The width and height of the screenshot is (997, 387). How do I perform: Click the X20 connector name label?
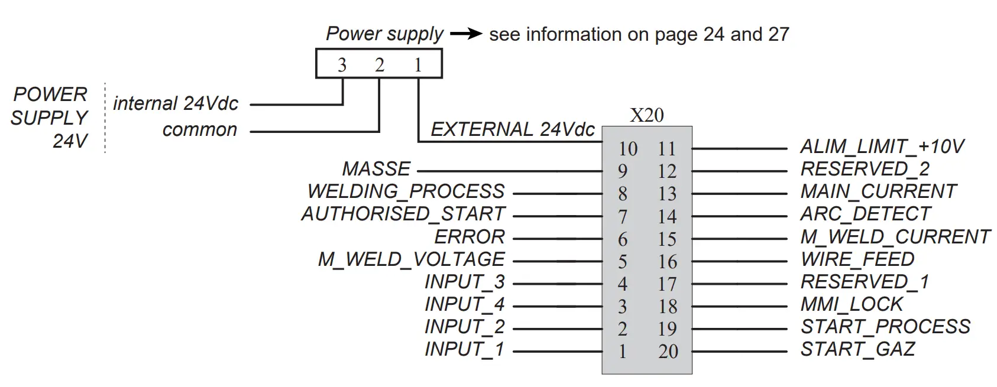click(x=646, y=115)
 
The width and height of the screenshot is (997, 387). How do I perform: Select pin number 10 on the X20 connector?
click(x=627, y=149)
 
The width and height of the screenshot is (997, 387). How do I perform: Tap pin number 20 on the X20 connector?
click(x=668, y=352)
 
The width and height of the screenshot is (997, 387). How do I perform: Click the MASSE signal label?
click(x=376, y=170)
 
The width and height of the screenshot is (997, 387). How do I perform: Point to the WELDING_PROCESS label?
click(x=406, y=191)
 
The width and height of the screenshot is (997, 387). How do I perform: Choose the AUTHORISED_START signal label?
click(x=403, y=214)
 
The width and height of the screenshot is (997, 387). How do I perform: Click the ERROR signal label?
click(x=470, y=237)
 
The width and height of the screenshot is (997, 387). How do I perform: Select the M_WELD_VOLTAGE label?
click(x=411, y=259)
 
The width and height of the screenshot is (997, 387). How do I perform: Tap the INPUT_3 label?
click(x=464, y=282)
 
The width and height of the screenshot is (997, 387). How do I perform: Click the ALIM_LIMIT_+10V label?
click(x=882, y=147)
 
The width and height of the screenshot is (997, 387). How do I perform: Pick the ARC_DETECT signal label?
click(x=865, y=214)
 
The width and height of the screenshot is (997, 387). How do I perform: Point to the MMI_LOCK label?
click(x=852, y=304)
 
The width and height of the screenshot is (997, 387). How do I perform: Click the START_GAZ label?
click(x=857, y=349)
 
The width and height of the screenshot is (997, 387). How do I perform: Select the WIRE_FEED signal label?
click(x=857, y=259)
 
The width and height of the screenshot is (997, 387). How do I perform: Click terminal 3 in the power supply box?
click(x=342, y=65)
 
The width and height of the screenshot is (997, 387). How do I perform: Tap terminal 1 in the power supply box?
click(x=418, y=65)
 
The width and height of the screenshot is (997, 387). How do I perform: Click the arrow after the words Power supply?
click(x=466, y=34)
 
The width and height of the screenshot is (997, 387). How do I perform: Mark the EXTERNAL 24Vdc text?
click(x=512, y=129)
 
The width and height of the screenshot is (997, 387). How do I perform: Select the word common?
click(x=199, y=130)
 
